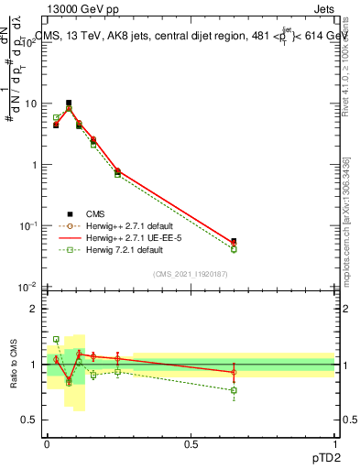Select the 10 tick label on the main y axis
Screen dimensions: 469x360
click(30, 104)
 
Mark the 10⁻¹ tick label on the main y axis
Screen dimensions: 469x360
click(28, 225)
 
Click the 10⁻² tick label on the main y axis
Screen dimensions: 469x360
click(28, 287)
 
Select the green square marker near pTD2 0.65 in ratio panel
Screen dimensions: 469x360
click(234, 390)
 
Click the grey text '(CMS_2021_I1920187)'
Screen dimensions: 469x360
click(191, 273)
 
